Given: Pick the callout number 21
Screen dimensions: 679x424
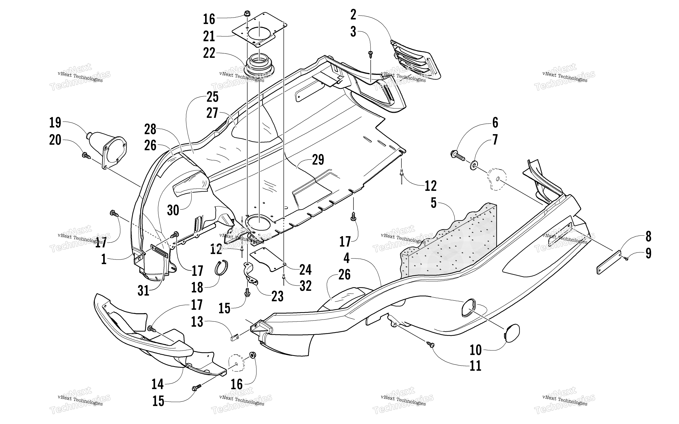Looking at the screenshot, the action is tap(209, 36).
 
